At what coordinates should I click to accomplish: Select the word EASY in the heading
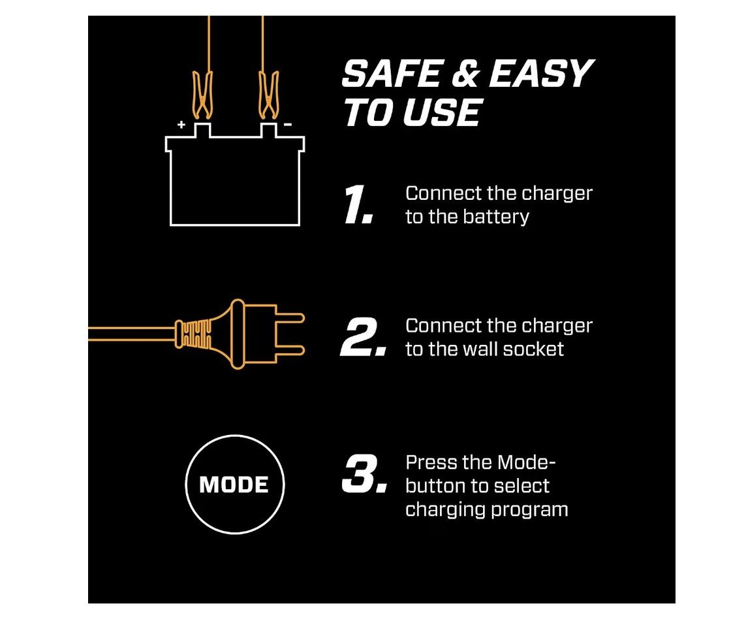542,74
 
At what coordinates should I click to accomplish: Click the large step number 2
363,338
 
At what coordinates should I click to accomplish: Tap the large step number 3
364,473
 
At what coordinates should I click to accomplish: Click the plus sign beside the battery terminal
181,125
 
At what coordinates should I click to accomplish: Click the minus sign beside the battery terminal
288,125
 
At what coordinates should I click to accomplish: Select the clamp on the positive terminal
202,95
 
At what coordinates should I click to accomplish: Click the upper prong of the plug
290,318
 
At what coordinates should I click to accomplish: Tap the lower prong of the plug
290,351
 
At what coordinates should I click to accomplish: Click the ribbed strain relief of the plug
193,334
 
